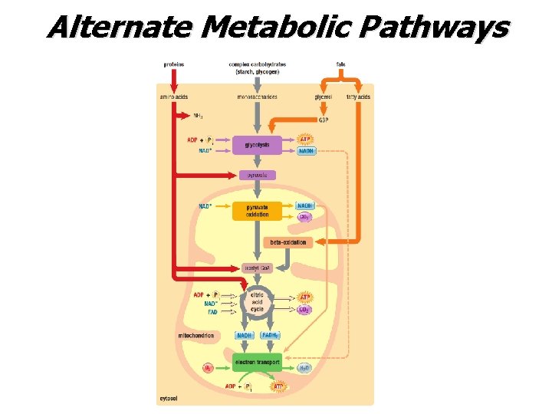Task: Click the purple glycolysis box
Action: (x=257, y=144)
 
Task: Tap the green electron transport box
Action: (x=257, y=361)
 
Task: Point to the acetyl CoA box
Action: (x=257, y=268)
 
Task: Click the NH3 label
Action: (x=198, y=117)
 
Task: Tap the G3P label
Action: (x=324, y=119)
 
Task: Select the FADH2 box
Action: (x=270, y=335)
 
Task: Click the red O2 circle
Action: (x=207, y=369)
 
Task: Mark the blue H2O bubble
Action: (x=305, y=369)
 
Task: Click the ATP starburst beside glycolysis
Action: (x=305, y=140)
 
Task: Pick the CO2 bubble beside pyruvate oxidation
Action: (x=304, y=217)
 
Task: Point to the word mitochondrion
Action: (x=195, y=335)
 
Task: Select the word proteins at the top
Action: (x=173, y=64)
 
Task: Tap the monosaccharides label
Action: (x=257, y=97)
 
